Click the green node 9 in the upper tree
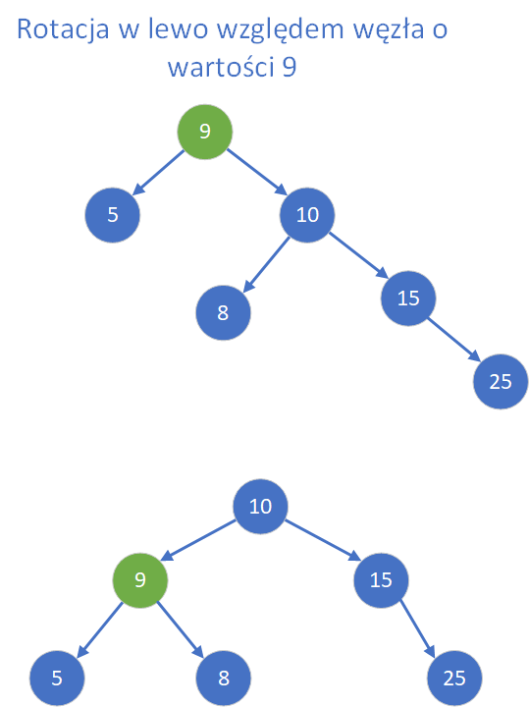(205, 132)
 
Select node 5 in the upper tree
(113, 215)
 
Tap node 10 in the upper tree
(307, 215)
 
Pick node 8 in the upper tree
(223, 312)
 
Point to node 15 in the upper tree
(408, 299)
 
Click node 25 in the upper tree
(501, 381)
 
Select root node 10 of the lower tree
(260, 507)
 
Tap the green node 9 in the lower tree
(140, 580)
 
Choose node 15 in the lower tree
(381, 580)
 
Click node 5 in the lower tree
(57, 679)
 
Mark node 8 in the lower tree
(224, 679)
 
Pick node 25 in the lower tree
(454, 679)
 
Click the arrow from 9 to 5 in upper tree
(159, 172)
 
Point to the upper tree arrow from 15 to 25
(454, 340)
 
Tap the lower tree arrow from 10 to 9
(198, 540)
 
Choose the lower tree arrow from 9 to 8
(181, 629)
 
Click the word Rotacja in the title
(63, 29)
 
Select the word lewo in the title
(178, 28)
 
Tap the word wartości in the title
(221, 67)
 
